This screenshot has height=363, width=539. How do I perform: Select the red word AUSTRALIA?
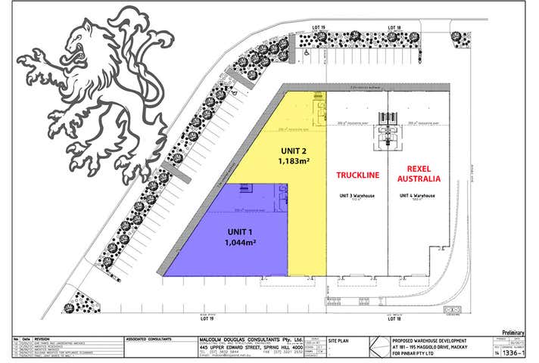point(418,181)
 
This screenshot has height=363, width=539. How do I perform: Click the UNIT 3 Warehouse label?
point(355,194)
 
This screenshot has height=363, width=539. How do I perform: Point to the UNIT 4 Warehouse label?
point(417,194)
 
